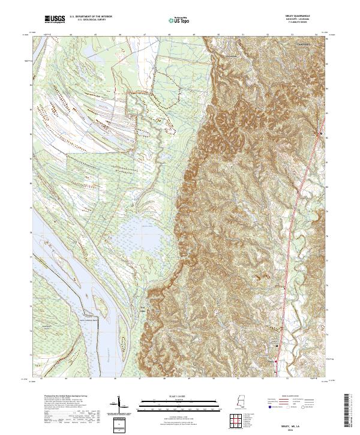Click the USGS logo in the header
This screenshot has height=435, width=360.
[x=55, y=20]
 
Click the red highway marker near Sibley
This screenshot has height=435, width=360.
[x=275, y=362]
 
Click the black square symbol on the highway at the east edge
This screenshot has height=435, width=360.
[x=321, y=133]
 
